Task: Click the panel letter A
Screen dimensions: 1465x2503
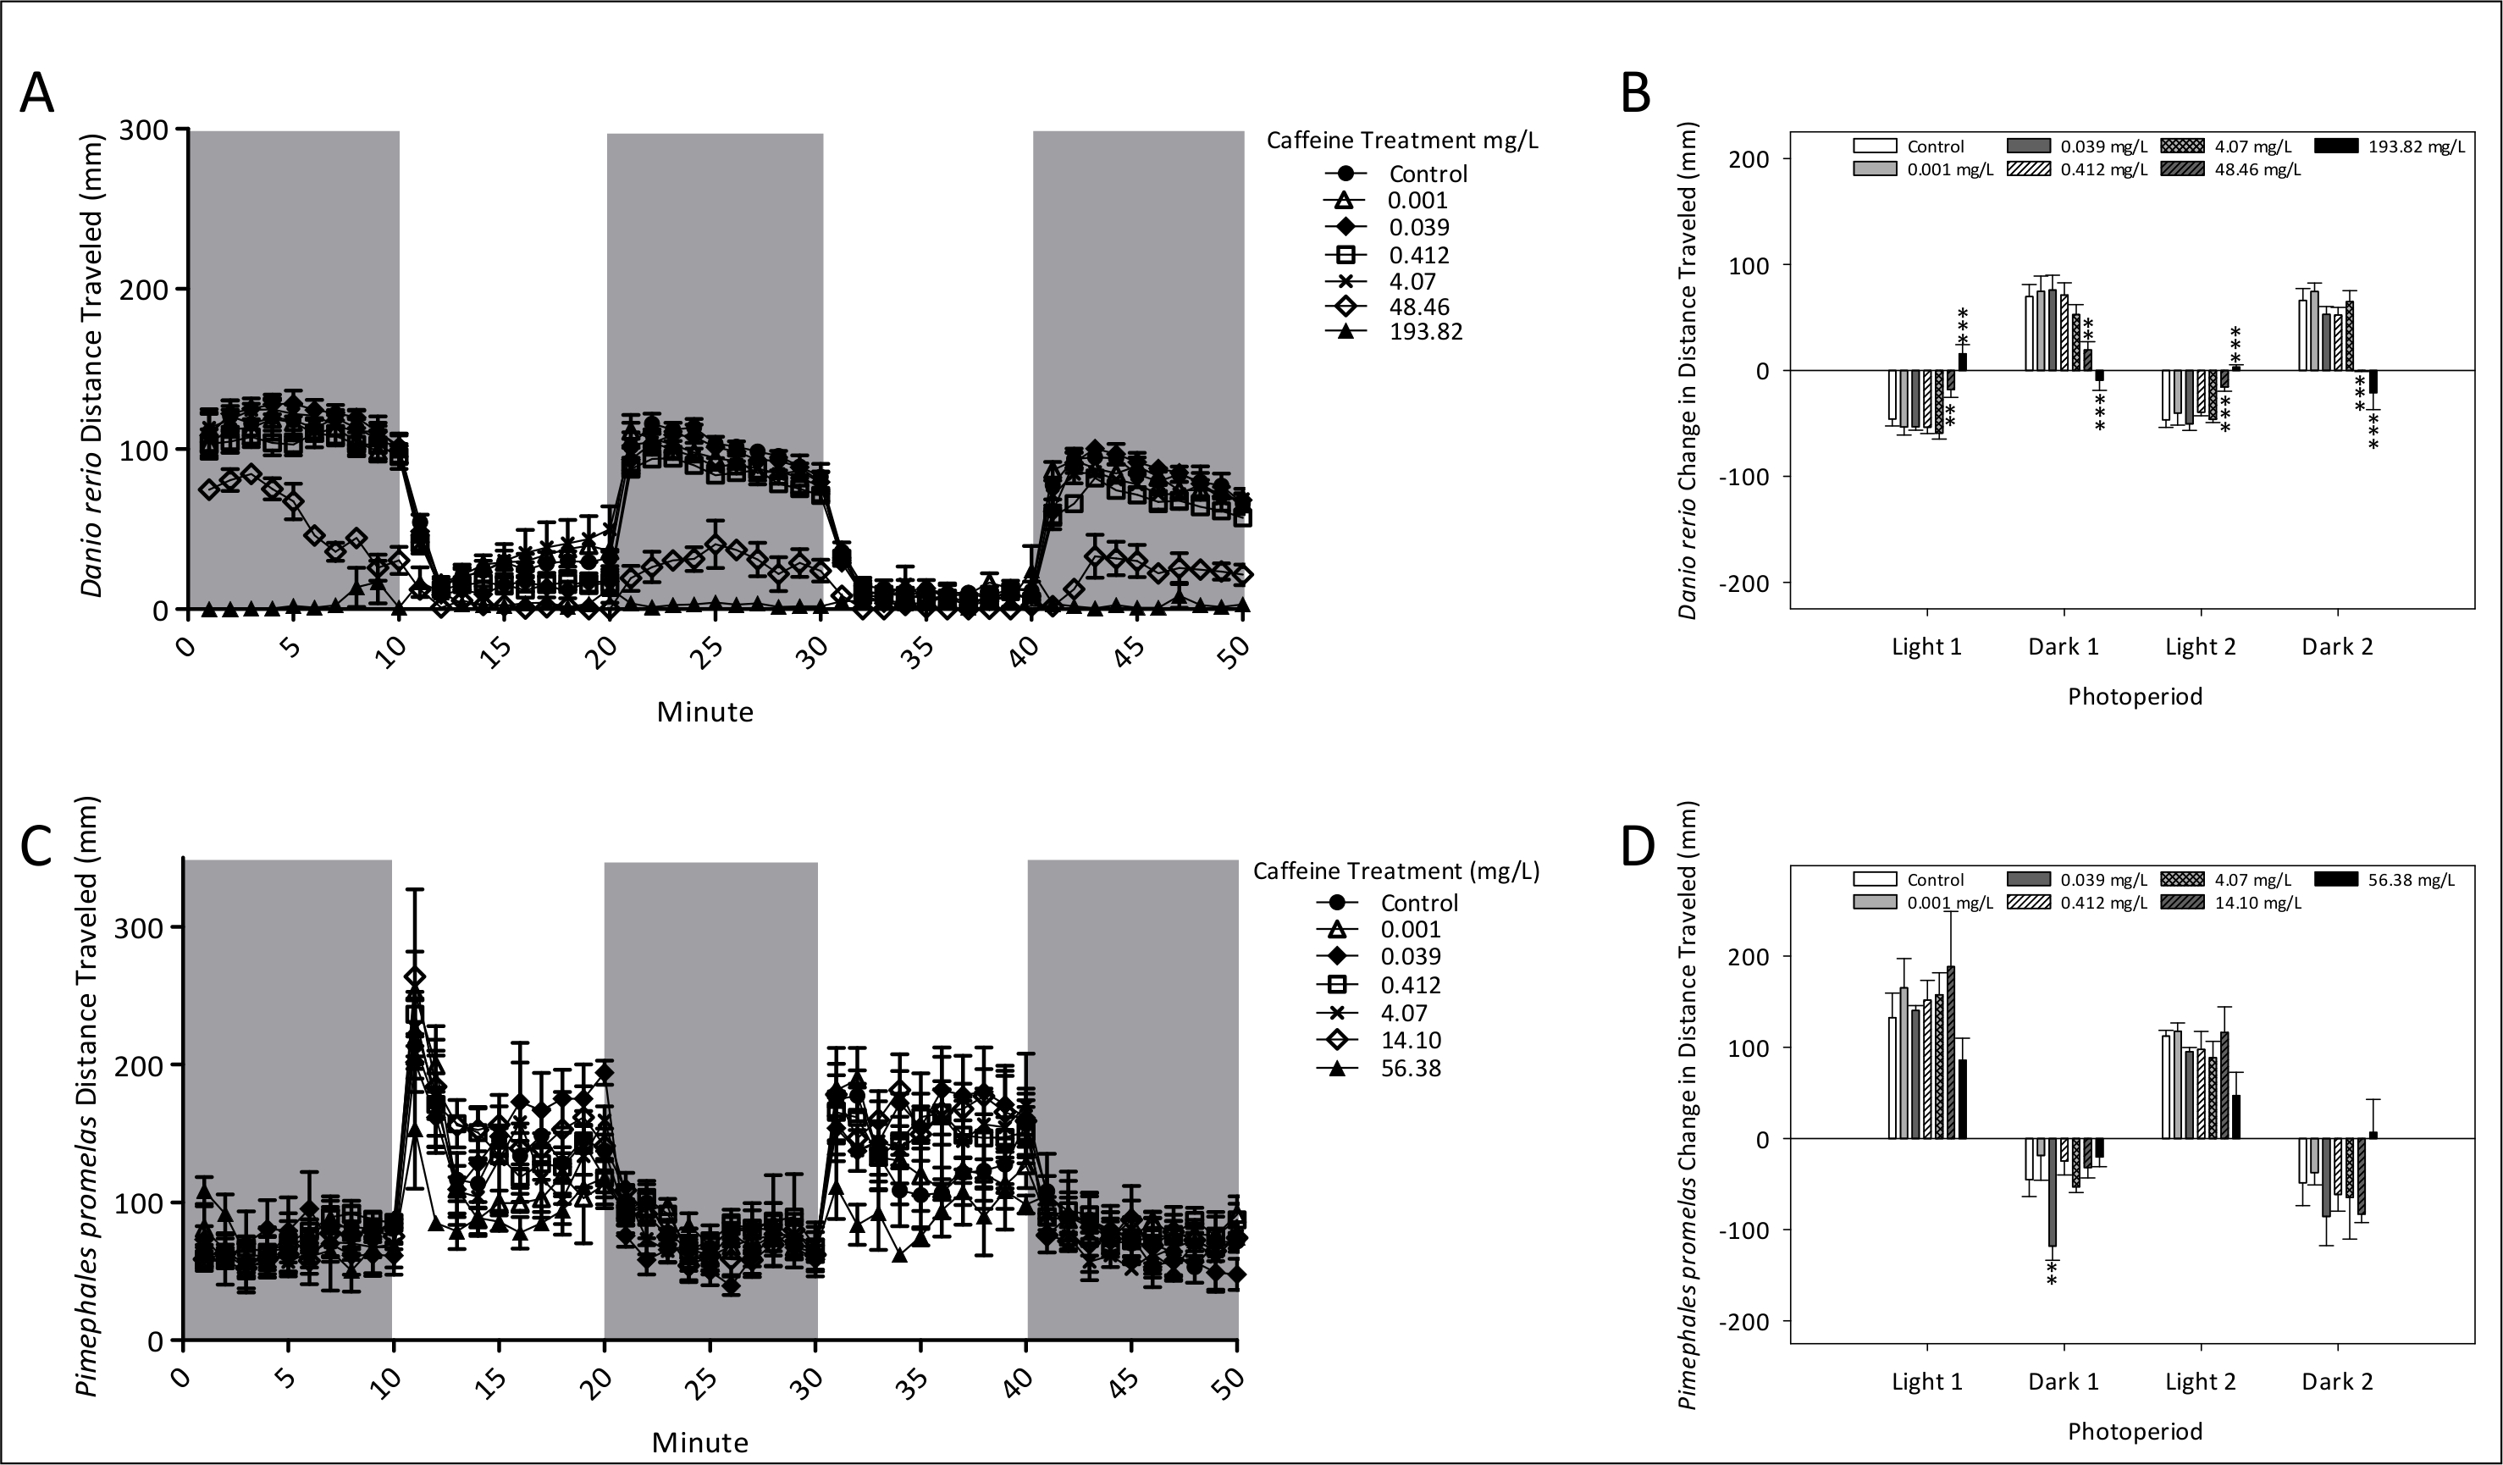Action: point(38,93)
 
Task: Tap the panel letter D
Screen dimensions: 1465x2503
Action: point(1638,846)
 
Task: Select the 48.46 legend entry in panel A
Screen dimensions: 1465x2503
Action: point(1420,307)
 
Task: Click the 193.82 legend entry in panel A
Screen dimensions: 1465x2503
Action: point(1425,332)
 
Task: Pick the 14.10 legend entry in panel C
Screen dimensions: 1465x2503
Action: point(1411,1040)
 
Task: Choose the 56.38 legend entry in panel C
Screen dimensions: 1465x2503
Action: point(1411,1068)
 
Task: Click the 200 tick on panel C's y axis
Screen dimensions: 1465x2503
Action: point(139,1064)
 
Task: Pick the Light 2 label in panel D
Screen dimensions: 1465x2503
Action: point(2200,1381)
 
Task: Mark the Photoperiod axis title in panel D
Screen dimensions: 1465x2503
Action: point(2135,1431)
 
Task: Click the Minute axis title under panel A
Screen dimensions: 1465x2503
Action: point(704,712)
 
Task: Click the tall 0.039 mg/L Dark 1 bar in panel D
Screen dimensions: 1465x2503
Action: point(2052,1191)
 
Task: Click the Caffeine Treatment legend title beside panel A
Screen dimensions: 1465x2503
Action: point(1401,140)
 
